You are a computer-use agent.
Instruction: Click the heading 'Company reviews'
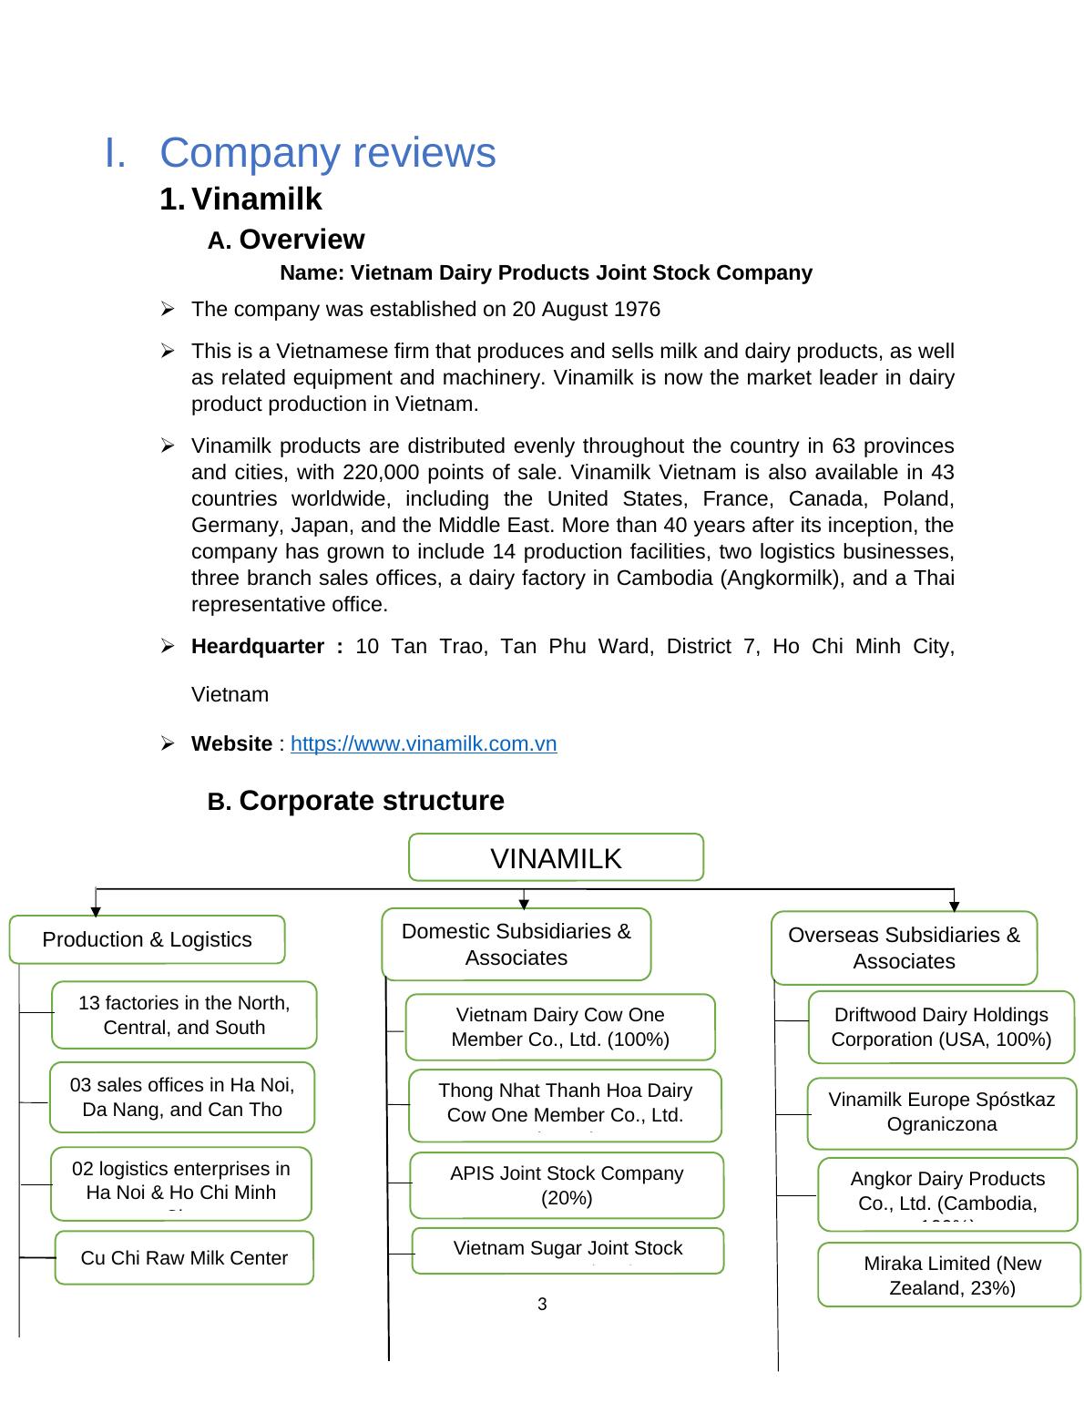[327, 152]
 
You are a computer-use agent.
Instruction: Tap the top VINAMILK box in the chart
[556, 857]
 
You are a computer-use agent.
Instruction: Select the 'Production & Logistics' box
[147, 939]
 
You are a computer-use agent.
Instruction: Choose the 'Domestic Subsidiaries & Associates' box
[516, 944]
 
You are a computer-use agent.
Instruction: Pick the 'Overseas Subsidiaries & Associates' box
[904, 947]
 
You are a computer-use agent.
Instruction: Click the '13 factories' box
[184, 1015]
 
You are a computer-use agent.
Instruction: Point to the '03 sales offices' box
[182, 1097]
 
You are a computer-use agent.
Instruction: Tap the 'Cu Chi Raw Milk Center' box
[184, 1258]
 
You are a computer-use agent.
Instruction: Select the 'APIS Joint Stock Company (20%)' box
[567, 1185]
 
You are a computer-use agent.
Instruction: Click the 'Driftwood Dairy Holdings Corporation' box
[941, 1027]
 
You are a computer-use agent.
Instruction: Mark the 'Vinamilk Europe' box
[941, 1112]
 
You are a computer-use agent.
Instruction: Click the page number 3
[542, 1305]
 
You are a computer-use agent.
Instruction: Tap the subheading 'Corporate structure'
[371, 801]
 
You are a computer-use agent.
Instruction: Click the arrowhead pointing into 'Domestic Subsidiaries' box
[524, 904]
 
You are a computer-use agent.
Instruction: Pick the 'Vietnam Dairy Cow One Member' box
[560, 1027]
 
